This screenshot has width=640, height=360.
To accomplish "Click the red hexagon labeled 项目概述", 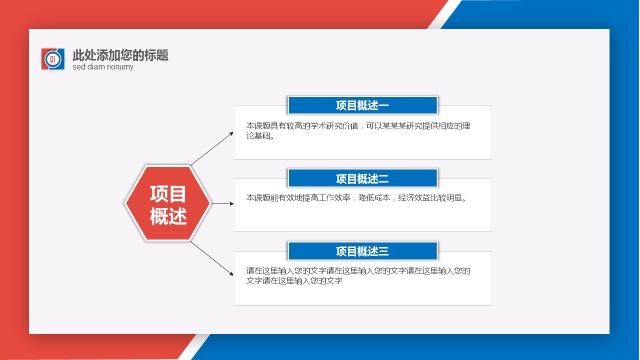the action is click(x=168, y=203).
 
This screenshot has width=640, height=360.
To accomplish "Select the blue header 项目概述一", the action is click(x=363, y=105).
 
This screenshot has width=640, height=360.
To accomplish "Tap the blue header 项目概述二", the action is click(x=363, y=178).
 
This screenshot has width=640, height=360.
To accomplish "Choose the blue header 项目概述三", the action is click(x=363, y=251).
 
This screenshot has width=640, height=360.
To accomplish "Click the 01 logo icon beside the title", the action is click(x=53, y=59).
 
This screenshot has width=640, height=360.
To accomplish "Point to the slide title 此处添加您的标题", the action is click(x=120, y=55).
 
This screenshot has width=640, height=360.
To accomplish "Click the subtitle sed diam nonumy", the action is click(x=103, y=67).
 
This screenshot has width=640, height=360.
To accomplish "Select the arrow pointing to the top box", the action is click(x=212, y=148).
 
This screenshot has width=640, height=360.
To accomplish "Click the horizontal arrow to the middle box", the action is click(x=223, y=203).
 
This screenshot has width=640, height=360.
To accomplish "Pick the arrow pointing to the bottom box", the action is click(x=212, y=258).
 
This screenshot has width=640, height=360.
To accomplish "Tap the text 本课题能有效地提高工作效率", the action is click(x=298, y=198).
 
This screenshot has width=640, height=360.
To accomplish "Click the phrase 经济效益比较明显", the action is click(x=430, y=198).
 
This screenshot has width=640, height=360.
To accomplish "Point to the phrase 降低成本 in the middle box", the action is click(x=374, y=198).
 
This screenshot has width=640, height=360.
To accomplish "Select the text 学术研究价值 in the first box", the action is click(x=334, y=126).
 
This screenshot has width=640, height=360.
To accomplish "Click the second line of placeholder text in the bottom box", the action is click(x=294, y=281).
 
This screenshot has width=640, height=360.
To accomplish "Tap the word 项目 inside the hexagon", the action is click(x=168, y=194).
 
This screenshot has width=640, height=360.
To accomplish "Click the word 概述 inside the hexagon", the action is click(x=168, y=216).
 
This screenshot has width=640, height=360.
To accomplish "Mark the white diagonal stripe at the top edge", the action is click(x=445, y=14).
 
